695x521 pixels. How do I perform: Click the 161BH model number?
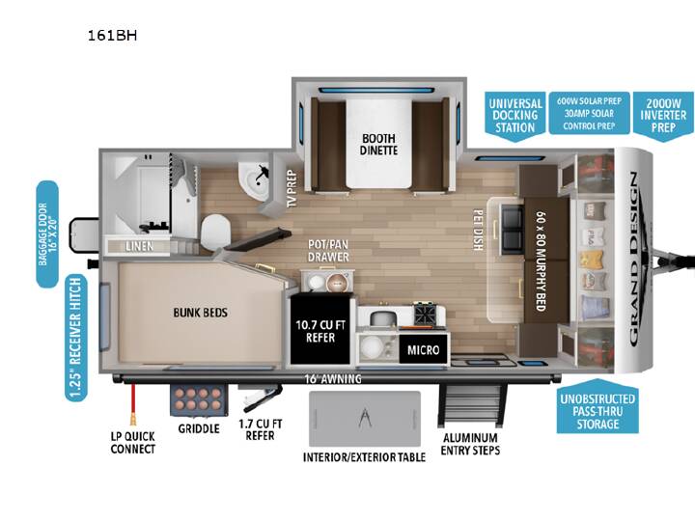pyautogui.click(x=112, y=36)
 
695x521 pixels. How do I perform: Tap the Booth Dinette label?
pyautogui.click(x=378, y=145)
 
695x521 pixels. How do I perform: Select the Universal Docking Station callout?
pyautogui.click(x=515, y=116)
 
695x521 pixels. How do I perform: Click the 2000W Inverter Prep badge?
pyautogui.click(x=663, y=116)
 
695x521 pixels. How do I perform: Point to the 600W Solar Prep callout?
pyautogui.click(x=589, y=113)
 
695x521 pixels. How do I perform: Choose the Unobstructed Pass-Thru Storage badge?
pyautogui.click(x=598, y=406)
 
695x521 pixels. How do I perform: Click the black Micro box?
pyautogui.click(x=424, y=350)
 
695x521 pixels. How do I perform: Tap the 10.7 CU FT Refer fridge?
pyautogui.click(x=320, y=331)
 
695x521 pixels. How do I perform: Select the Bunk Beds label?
pyautogui.click(x=201, y=313)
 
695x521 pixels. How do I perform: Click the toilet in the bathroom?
pyautogui.click(x=216, y=232)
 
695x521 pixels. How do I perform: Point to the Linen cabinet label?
pyautogui.click(x=139, y=246)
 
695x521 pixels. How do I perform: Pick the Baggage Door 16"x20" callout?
pyautogui.click(x=47, y=233)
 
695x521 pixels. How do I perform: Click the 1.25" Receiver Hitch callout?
pyautogui.click(x=76, y=338)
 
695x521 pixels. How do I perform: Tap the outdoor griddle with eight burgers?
pyautogui.click(x=199, y=400)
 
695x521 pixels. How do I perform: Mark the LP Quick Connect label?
pyautogui.click(x=132, y=443)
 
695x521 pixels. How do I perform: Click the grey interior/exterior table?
pyautogui.click(x=364, y=419)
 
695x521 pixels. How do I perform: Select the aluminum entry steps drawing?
pyautogui.click(x=472, y=405)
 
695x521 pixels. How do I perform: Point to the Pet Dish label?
pyautogui.click(x=478, y=230)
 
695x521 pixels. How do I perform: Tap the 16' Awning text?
pyautogui.click(x=332, y=379)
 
